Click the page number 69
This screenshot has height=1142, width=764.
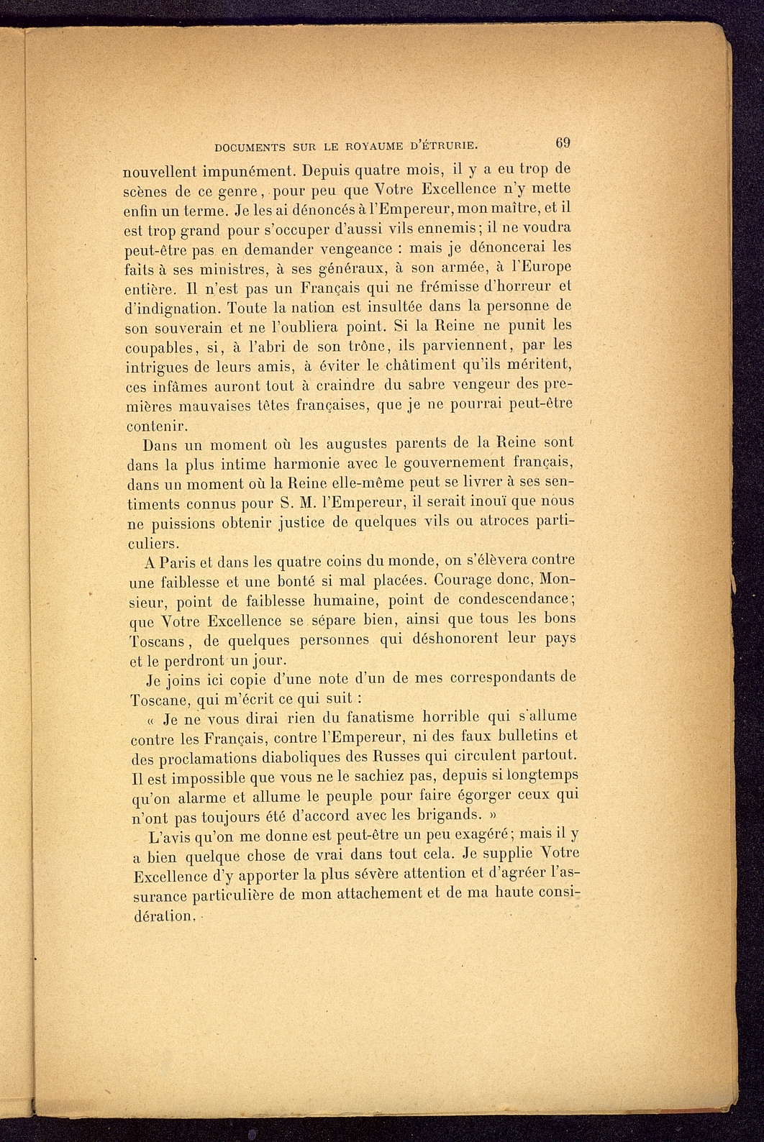pos(562,143)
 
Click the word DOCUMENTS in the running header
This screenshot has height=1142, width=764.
pos(250,147)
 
